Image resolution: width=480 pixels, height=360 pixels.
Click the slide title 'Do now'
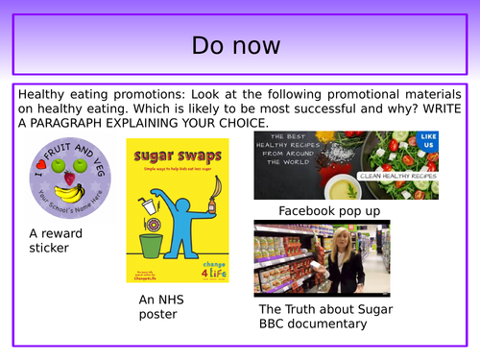(x=239, y=44)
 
